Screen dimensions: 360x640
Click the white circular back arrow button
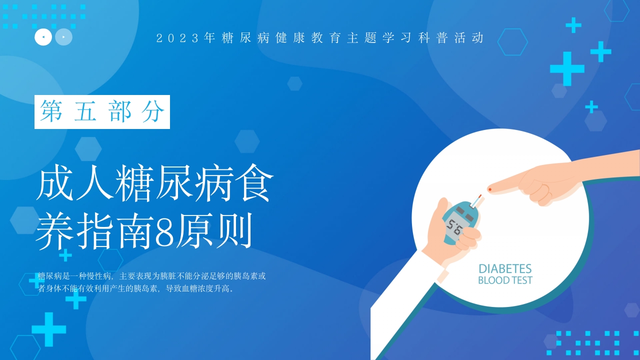click(x=43, y=37)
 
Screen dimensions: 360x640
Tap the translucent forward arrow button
click(x=63, y=37)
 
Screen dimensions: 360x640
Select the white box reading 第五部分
click(x=102, y=111)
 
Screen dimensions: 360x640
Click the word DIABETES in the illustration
click(x=505, y=269)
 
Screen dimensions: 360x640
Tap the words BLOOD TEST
click(x=505, y=280)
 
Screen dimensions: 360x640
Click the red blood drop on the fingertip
click(x=489, y=189)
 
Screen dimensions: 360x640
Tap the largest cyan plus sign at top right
click(x=567, y=69)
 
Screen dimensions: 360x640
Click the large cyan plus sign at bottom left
click(x=49, y=329)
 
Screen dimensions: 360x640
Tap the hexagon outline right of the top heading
click(x=512, y=42)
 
